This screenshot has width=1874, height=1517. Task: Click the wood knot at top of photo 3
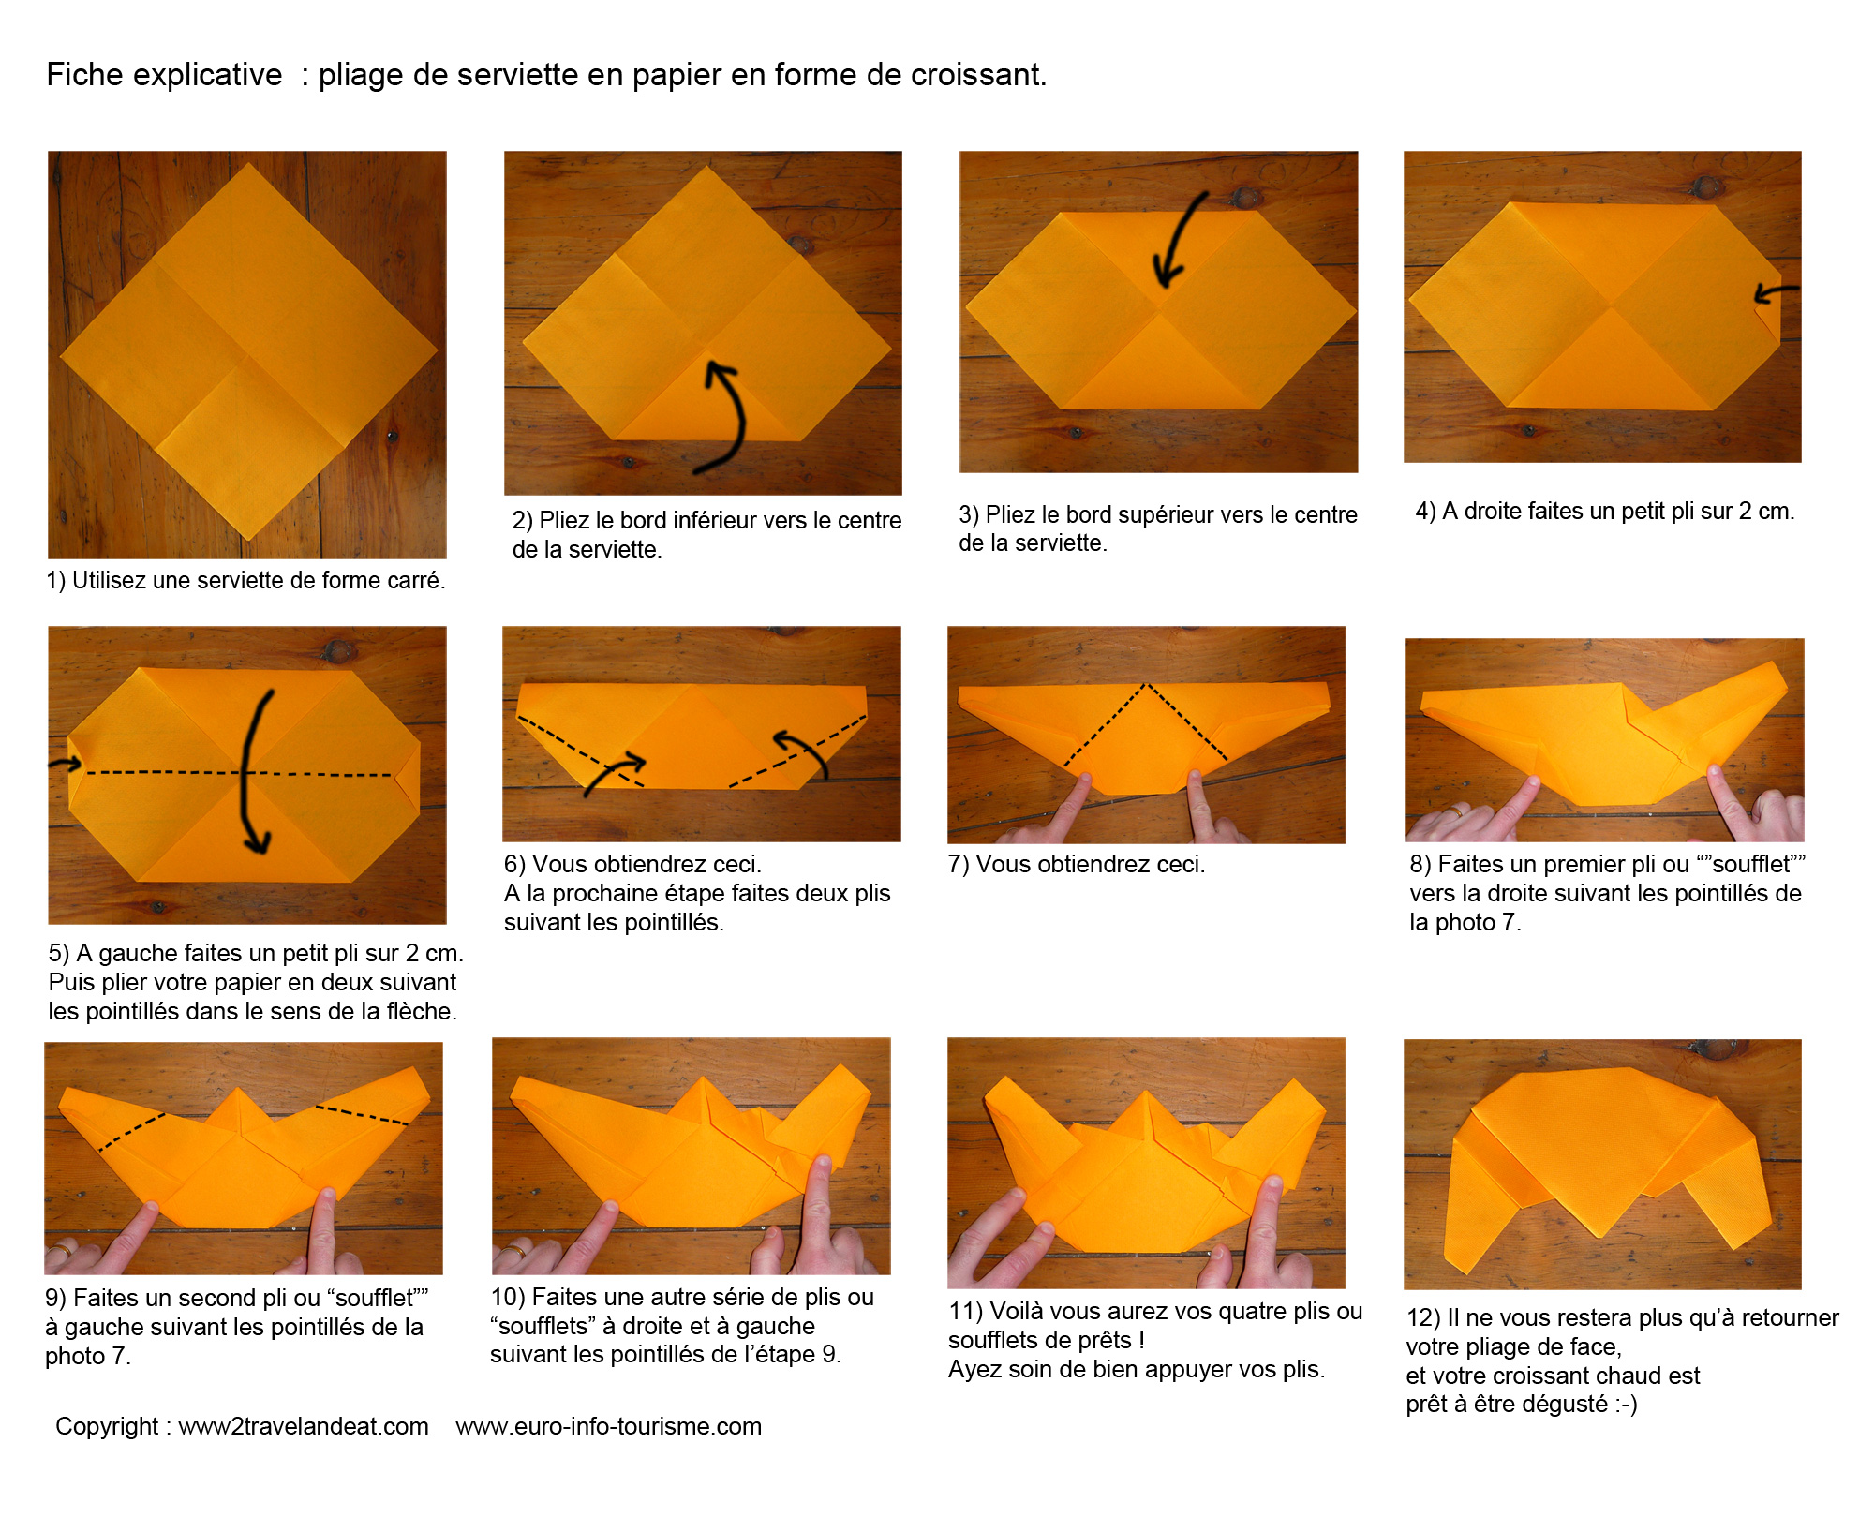(x=1245, y=198)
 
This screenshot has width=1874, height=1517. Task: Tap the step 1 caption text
(x=245, y=581)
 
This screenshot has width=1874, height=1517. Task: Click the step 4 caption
(x=1605, y=512)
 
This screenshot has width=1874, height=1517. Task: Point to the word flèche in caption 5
(x=419, y=1012)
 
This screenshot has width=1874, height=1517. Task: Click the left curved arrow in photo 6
(x=615, y=774)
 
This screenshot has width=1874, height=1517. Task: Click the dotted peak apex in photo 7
(x=1145, y=685)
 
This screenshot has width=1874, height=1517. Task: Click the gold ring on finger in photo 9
(x=60, y=1250)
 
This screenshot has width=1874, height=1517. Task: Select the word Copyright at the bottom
(x=107, y=1427)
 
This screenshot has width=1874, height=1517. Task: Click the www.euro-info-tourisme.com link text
(x=609, y=1426)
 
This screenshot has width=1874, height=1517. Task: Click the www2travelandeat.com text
(x=304, y=1426)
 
